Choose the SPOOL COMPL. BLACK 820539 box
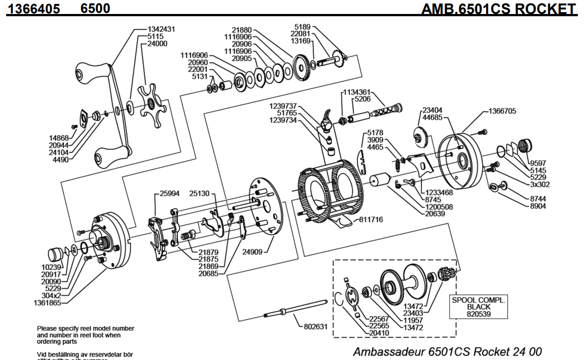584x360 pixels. pyautogui.click(x=478, y=307)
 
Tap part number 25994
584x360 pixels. pyautogui.click(x=169, y=193)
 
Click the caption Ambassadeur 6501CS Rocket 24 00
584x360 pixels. pyautogui.click(x=447, y=352)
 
